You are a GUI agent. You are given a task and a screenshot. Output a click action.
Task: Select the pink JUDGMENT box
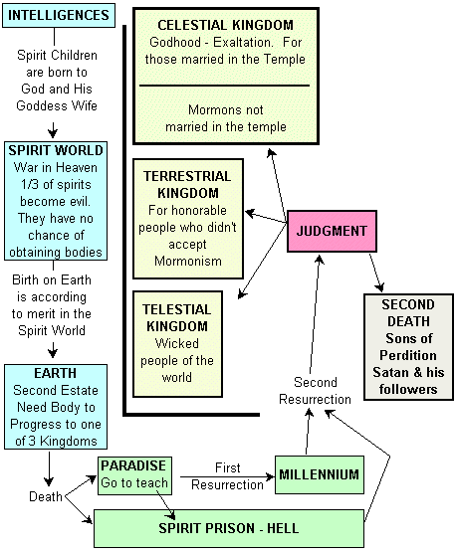[328, 231]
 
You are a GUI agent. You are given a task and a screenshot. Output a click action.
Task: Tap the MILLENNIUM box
[317, 472]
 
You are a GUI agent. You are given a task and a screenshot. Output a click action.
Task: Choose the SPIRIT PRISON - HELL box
[229, 527]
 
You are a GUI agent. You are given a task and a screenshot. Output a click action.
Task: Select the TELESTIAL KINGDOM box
[188, 341]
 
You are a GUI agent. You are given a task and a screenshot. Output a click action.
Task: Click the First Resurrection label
[229, 474]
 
